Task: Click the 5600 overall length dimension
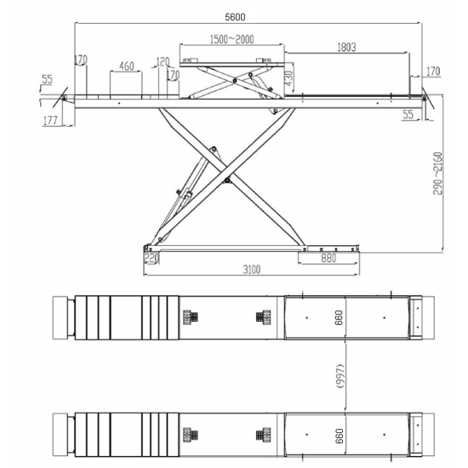tap(235, 17)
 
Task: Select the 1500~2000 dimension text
tap(232, 39)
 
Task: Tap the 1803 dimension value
tap(346, 47)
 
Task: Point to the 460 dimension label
tap(127, 66)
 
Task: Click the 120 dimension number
tap(163, 62)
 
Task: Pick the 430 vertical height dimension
tap(289, 78)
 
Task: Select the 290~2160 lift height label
tap(437, 173)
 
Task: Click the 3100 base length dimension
tap(252, 270)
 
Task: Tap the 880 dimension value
tap(328, 258)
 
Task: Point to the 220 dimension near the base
tap(151, 258)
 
